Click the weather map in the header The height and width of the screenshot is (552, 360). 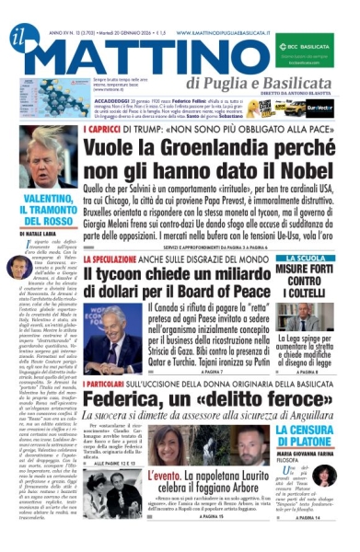click(x=37, y=90)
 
